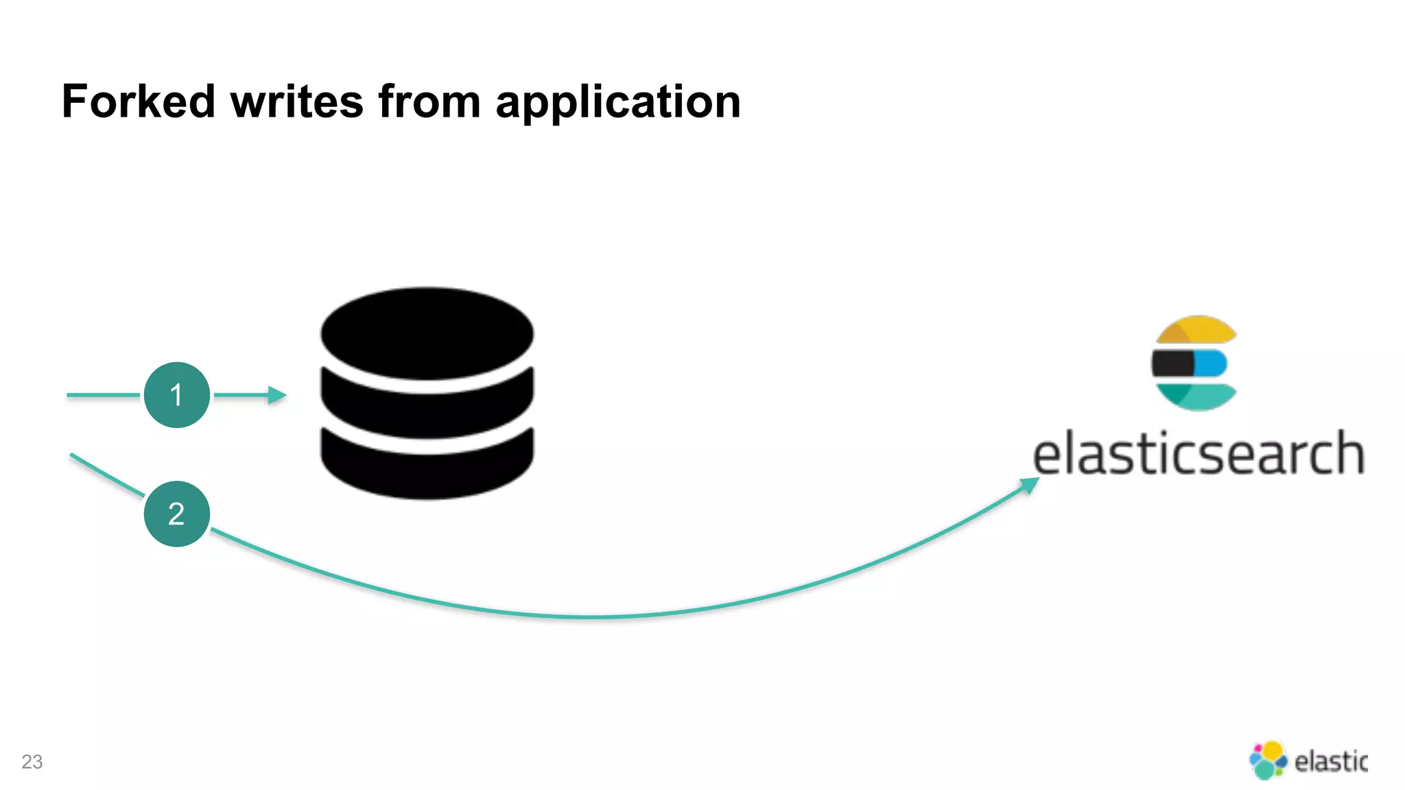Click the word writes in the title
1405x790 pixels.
(x=296, y=101)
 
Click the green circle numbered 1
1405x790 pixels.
(x=177, y=395)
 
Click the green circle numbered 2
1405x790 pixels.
(x=177, y=514)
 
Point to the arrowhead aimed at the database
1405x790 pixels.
(x=277, y=395)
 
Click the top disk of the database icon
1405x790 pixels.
(x=427, y=333)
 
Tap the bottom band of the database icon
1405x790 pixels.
(x=427, y=470)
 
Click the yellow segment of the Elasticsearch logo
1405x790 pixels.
(x=1197, y=330)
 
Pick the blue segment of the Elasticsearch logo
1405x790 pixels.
(x=1212, y=363)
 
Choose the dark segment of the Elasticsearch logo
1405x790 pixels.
(x=1172, y=363)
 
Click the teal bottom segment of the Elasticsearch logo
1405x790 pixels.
(x=1197, y=397)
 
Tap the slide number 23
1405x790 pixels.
(x=32, y=762)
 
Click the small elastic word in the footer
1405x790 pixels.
(x=1330, y=761)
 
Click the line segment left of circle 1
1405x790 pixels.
(x=103, y=395)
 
